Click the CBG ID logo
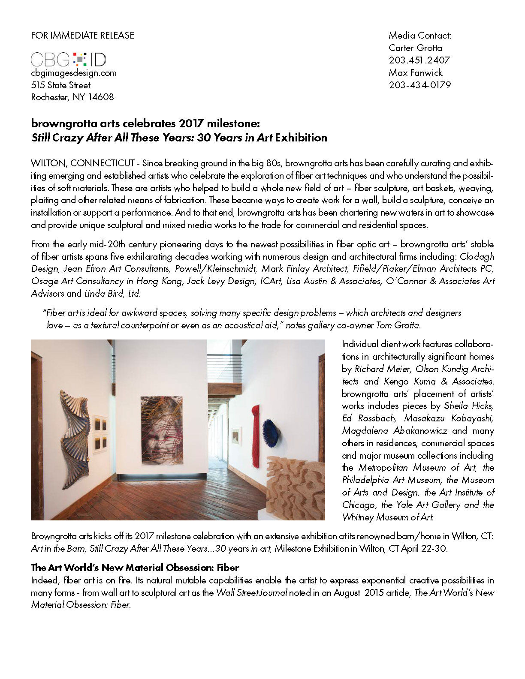pos(69,59)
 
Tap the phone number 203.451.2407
pos(419,60)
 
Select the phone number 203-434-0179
pos(419,85)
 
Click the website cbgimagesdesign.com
pos(74,73)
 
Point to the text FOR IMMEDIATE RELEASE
pos(83,35)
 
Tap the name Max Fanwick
pos(415,72)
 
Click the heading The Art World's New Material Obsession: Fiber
pos(135,568)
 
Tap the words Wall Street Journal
pos(251,593)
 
